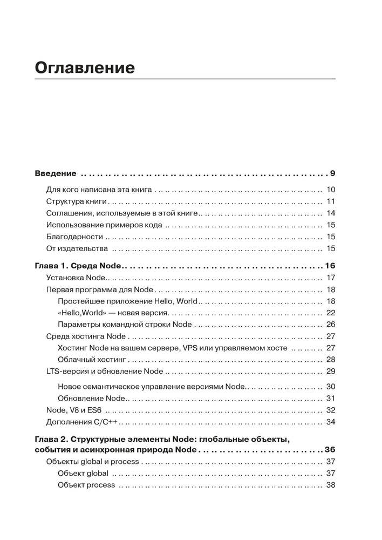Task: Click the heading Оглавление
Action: click(x=85, y=69)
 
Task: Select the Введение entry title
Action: click(x=56, y=174)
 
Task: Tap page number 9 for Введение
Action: click(x=333, y=174)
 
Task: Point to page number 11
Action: click(x=331, y=201)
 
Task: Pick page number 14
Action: click(x=331, y=213)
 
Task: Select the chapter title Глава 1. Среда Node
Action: click(x=80, y=266)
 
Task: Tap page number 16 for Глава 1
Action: click(x=330, y=266)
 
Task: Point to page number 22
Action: click(x=331, y=313)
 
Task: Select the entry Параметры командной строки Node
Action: click(x=124, y=325)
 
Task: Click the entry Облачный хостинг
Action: click(x=91, y=360)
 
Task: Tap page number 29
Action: click(x=331, y=372)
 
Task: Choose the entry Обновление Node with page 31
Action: click(x=91, y=398)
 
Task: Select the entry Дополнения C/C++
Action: click(x=81, y=422)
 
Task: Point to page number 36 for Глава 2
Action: click(x=330, y=450)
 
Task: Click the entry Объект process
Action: click(x=86, y=485)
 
